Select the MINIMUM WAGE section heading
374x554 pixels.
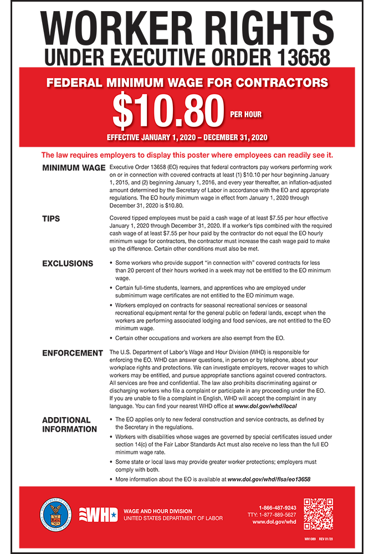74,167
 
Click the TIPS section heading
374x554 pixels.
51,218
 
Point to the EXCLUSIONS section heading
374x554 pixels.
68,263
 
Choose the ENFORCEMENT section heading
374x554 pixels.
73,353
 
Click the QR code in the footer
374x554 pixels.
319,514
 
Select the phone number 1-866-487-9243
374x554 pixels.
277,507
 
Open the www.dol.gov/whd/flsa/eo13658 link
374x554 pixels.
269,479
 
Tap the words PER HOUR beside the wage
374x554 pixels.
246,115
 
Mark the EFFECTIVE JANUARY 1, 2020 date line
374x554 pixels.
187,137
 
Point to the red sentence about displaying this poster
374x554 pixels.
187,155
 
